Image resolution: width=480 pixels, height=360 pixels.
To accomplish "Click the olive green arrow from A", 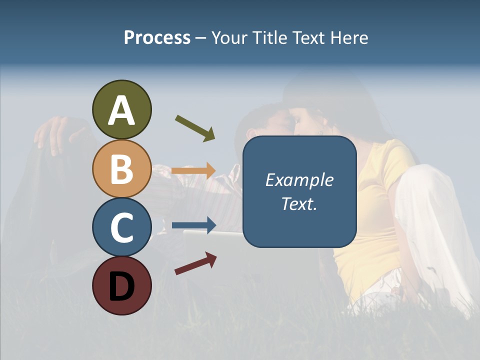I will coord(195,128).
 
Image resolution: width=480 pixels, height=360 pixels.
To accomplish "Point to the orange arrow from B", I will coord(193,170).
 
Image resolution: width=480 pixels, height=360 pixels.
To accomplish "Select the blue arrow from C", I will coord(194,225).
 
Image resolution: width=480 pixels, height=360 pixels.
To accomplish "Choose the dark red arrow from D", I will coord(195,263).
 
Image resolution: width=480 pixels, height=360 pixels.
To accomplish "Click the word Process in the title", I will coord(157,37).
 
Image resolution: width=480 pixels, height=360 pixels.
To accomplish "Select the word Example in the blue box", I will coord(299,180).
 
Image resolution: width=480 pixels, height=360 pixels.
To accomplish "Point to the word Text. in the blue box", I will coord(299,204).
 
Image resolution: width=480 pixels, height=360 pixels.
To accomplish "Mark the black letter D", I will coord(121,286).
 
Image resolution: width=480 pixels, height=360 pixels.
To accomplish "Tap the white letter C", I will coord(121,227).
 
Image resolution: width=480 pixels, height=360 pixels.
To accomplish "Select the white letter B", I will coord(121,169).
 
